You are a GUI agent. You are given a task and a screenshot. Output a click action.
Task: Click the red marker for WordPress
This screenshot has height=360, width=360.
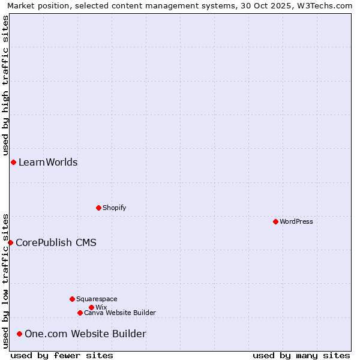(275, 221)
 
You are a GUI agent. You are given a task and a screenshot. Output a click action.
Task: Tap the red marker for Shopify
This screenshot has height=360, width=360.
(98, 208)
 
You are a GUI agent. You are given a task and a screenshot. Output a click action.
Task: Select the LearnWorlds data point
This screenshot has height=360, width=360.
(13, 162)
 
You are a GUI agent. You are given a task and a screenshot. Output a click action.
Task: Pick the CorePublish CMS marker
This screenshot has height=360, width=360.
(10, 242)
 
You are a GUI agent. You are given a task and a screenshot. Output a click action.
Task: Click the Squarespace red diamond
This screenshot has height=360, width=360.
(72, 299)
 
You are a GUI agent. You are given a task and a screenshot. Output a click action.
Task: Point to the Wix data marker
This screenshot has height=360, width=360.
(91, 307)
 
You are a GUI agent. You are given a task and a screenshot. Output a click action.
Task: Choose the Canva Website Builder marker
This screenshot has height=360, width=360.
(80, 313)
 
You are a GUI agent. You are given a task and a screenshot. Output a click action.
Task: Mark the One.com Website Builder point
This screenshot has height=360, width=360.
(20, 334)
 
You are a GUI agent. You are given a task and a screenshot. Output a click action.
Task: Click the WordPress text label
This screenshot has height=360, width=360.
(296, 221)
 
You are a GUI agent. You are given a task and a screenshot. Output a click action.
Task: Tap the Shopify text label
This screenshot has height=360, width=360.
(114, 208)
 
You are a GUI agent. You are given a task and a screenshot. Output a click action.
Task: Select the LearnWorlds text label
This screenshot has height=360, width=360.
(48, 162)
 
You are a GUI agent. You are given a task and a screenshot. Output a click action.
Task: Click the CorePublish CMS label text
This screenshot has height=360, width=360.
(56, 242)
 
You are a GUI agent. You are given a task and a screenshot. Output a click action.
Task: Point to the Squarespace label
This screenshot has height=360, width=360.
(97, 299)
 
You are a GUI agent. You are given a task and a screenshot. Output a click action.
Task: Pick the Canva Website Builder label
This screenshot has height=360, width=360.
(120, 313)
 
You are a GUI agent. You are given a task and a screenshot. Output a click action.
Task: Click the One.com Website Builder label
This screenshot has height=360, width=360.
(85, 334)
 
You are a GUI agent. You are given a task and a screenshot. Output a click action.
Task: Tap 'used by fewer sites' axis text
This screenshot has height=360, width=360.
(62, 355)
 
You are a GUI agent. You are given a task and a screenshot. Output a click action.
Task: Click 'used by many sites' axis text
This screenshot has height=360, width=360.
(301, 355)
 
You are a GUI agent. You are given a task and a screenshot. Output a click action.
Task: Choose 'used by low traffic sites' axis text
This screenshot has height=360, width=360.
(5, 280)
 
